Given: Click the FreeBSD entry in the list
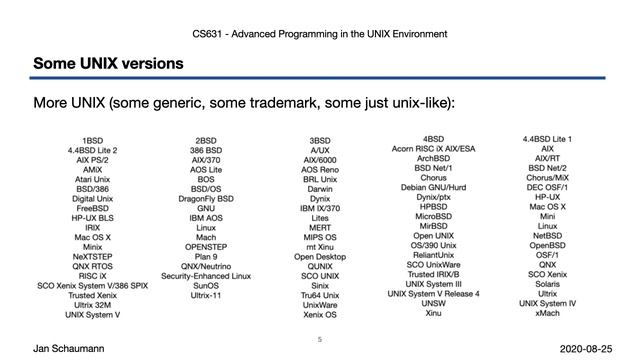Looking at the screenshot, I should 92,207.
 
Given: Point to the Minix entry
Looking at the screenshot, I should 92,245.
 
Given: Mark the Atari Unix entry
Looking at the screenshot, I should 92,178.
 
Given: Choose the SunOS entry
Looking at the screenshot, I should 206,284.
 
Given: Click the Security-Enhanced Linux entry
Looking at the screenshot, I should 206,275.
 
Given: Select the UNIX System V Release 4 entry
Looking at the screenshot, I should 433,294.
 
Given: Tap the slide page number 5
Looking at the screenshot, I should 319,339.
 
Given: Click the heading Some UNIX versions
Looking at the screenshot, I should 108,64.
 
